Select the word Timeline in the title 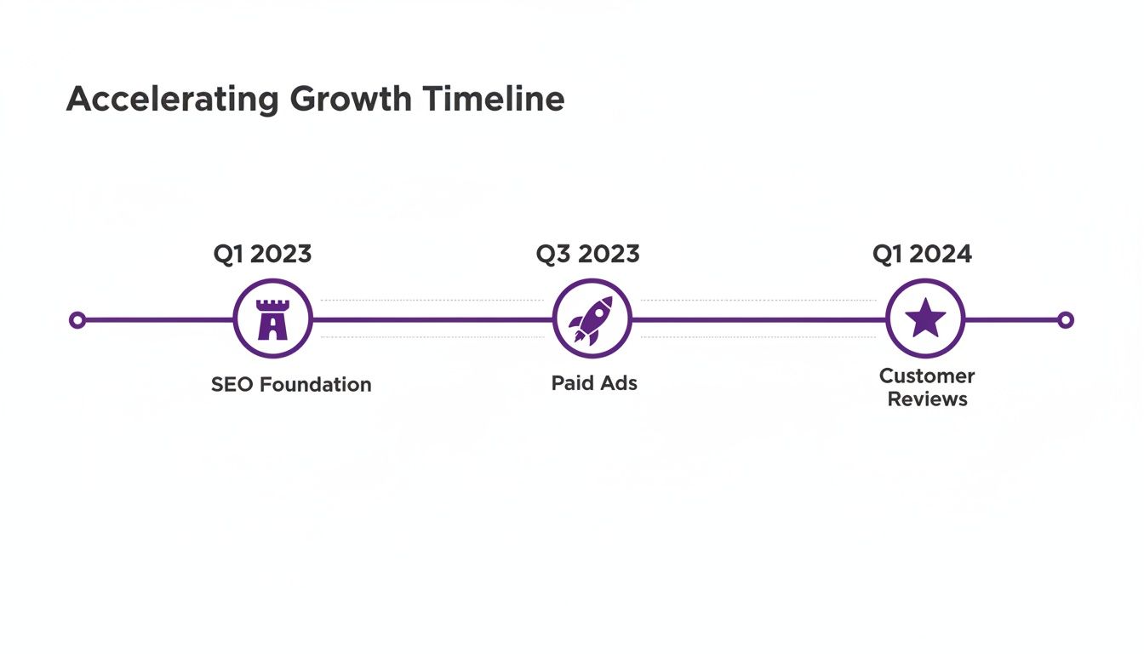tap(494, 100)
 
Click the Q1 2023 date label tap(262, 254)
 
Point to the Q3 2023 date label tap(587, 254)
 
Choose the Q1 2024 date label tap(922, 254)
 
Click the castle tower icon tap(272, 319)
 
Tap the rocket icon tap(592, 319)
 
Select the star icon tap(925, 319)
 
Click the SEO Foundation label tap(291, 385)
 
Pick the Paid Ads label tap(594, 383)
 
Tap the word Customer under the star tap(927, 376)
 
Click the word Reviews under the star tap(927, 399)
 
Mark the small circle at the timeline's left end tap(77, 320)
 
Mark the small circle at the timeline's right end tap(1065, 320)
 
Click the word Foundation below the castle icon tap(315, 385)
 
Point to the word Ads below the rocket tap(619, 383)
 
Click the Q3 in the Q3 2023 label tap(552, 254)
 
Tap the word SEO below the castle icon tap(232, 385)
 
